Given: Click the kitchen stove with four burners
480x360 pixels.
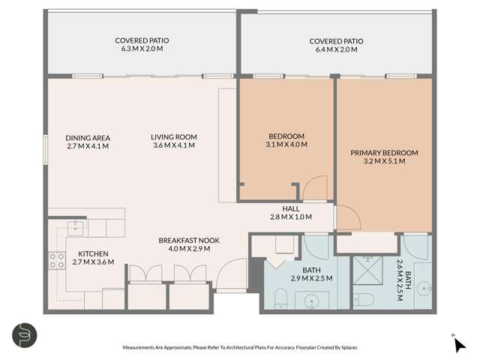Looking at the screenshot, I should pos(57,260).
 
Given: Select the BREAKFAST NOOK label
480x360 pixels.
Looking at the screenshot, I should pos(188,241).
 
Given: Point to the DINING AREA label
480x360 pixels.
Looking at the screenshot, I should pos(88,137).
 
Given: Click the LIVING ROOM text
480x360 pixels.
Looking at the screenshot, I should pos(173,136).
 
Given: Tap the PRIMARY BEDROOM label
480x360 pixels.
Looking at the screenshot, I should pos(384,152).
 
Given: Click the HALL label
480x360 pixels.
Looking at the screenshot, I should pos(290,208).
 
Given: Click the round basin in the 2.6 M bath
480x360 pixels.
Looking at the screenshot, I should pos(423,287).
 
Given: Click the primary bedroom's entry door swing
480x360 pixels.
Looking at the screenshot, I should pos(346,218).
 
